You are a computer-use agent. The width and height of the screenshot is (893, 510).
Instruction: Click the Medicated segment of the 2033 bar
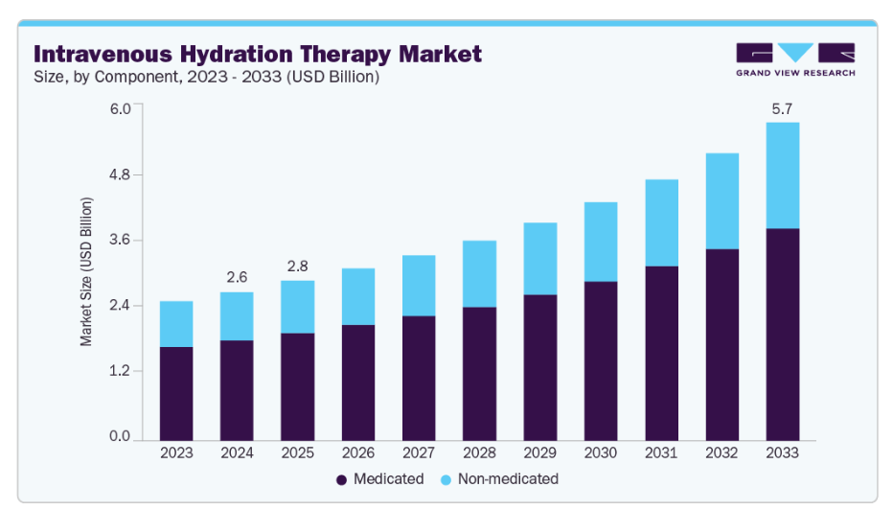(x=783, y=334)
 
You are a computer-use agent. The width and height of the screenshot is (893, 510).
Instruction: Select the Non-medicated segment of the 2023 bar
(x=176, y=324)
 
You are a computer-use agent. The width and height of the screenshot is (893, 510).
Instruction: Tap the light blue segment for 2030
(x=601, y=242)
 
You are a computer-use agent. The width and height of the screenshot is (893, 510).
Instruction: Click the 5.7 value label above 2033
(x=783, y=109)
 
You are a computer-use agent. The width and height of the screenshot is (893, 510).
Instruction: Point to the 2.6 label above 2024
(x=237, y=277)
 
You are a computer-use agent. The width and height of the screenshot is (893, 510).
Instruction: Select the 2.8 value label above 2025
(x=297, y=266)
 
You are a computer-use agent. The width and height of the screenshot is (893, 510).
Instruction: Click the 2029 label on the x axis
(x=540, y=452)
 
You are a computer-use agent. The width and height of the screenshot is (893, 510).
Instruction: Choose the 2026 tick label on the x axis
(x=358, y=452)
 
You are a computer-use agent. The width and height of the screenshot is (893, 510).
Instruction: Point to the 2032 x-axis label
(x=721, y=452)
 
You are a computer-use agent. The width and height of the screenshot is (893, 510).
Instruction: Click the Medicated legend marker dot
(x=341, y=478)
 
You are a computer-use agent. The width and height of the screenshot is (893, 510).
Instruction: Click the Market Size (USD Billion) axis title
(x=86, y=272)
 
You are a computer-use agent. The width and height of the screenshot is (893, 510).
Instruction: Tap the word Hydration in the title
(x=240, y=54)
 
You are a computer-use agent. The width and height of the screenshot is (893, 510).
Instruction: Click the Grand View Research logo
(x=795, y=59)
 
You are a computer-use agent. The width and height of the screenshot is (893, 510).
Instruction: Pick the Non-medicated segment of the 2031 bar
(x=661, y=222)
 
